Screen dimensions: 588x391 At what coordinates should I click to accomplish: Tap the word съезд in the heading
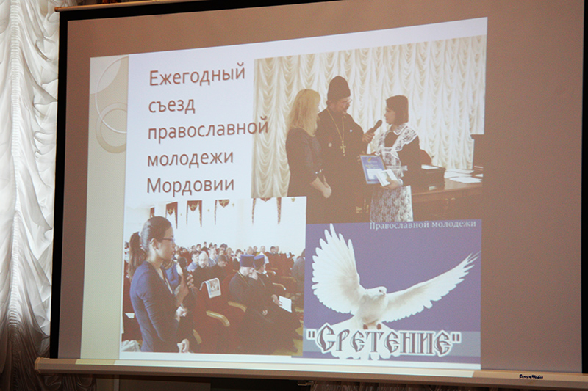[x=172, y=105]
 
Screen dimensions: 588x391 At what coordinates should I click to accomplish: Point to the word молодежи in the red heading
[x=190, y=158]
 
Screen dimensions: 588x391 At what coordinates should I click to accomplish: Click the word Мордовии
[x=190, y=184]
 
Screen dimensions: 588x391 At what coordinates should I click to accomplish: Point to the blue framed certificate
[x=373, y=169]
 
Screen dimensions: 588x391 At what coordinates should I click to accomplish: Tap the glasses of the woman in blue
[x=167, y=240]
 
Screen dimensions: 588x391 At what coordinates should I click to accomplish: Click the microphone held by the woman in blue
[x=184, y=271]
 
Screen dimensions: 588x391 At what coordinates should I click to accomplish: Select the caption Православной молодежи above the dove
[x=423, y=225]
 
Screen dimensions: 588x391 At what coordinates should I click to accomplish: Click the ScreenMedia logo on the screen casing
[x=531, y=376]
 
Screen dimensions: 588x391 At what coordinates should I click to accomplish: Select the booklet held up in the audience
[x=212, y=288]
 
